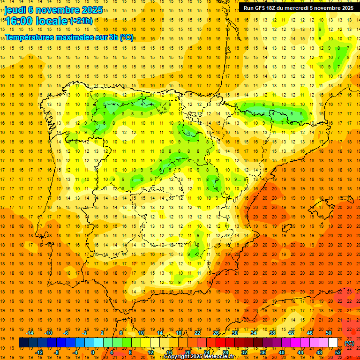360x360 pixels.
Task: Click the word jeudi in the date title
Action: click(15, 10)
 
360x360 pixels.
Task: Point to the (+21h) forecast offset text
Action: click(81, 21)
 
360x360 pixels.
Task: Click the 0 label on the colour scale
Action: click(93, 352)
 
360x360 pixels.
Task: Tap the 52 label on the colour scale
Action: click(337, 352)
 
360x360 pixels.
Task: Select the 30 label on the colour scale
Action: click(234, 333)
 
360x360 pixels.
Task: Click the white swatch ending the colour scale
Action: click(333, 343)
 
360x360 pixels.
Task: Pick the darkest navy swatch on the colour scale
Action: click(23, 343)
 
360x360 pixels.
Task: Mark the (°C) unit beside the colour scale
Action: click(349, 343)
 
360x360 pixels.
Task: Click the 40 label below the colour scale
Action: click(282, 352)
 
